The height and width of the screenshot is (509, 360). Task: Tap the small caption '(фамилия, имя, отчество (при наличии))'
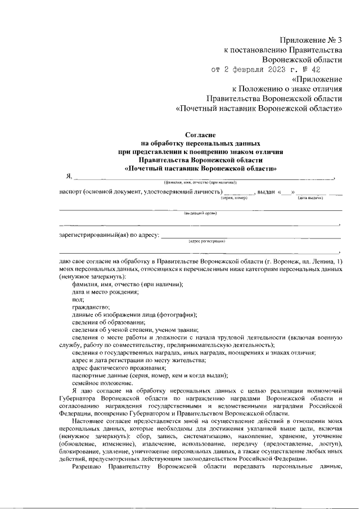[x=200, y=183]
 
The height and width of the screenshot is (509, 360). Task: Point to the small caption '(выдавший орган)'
[x=200, y=214]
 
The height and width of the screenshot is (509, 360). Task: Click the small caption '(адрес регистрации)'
[x=206, y=241]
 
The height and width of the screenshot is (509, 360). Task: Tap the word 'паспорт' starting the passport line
[x=71, y=192]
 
